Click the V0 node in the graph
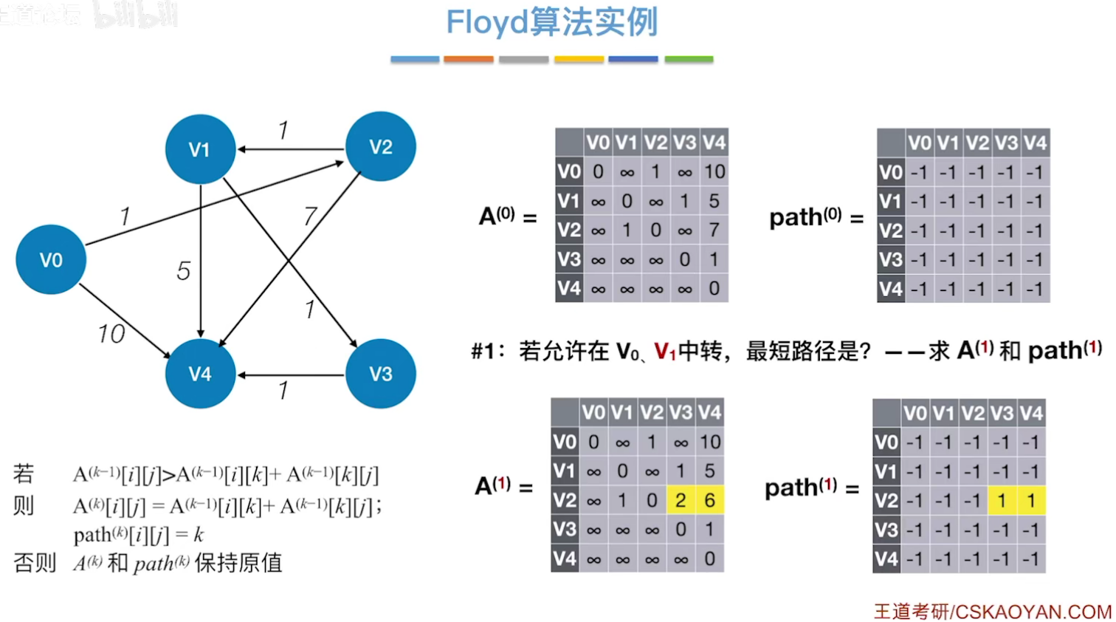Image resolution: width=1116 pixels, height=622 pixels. (x=51, y=260)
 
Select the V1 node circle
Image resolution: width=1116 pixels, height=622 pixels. (x=200, y=149)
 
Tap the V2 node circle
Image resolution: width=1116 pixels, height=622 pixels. (x=381, y=147)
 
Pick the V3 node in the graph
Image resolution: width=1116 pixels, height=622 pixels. (x=381, y=374)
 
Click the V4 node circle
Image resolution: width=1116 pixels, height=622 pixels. (x=200, y=374)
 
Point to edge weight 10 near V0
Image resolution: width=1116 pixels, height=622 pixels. (x=111, y=334)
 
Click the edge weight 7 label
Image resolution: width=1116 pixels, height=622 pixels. (x=311, y=216)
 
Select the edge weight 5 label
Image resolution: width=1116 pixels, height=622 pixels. (x=184, y=271)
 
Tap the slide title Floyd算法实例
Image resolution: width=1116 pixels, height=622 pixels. (x=551, y=22)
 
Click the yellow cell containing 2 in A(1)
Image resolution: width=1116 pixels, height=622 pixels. (x=681, y=501)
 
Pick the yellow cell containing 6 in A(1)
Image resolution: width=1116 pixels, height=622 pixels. (x=709, y=501)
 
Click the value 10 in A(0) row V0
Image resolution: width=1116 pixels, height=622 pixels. (x=714, y=172)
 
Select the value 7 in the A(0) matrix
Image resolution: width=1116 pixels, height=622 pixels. (x=714, y=230)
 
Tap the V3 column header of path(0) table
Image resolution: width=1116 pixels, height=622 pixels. (x=1006, y=143)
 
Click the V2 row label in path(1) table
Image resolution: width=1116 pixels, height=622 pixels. (x=886, y=501)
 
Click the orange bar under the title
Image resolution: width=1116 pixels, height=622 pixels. (x=469, y=59)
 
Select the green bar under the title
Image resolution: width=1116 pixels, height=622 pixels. (x=689, y=59)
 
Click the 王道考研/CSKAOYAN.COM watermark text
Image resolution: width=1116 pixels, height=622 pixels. (x=992, y=612)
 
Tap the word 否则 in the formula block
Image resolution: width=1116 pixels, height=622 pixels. (x=35, y=564)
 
